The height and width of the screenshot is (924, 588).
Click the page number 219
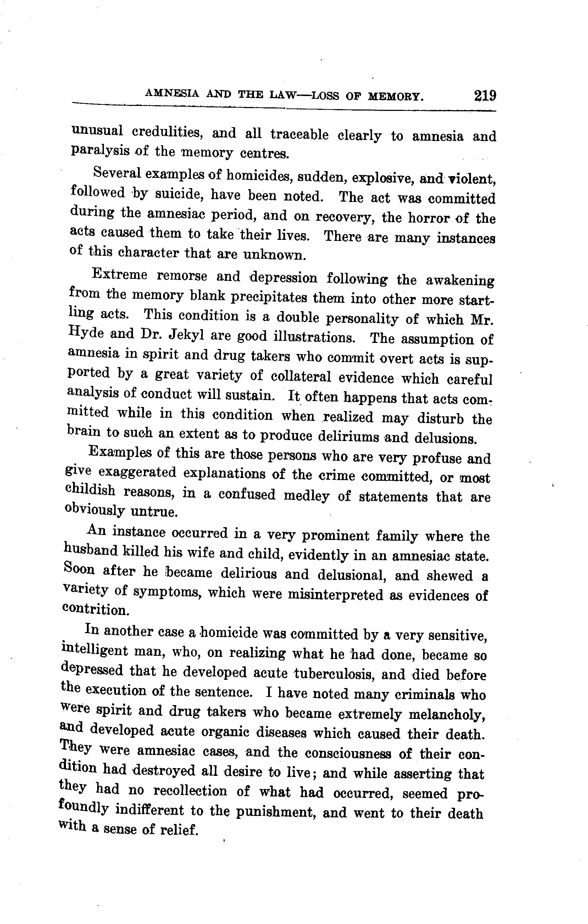pos(485,95)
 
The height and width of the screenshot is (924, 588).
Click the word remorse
pos(182,276)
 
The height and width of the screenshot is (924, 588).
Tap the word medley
pos(306,496)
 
